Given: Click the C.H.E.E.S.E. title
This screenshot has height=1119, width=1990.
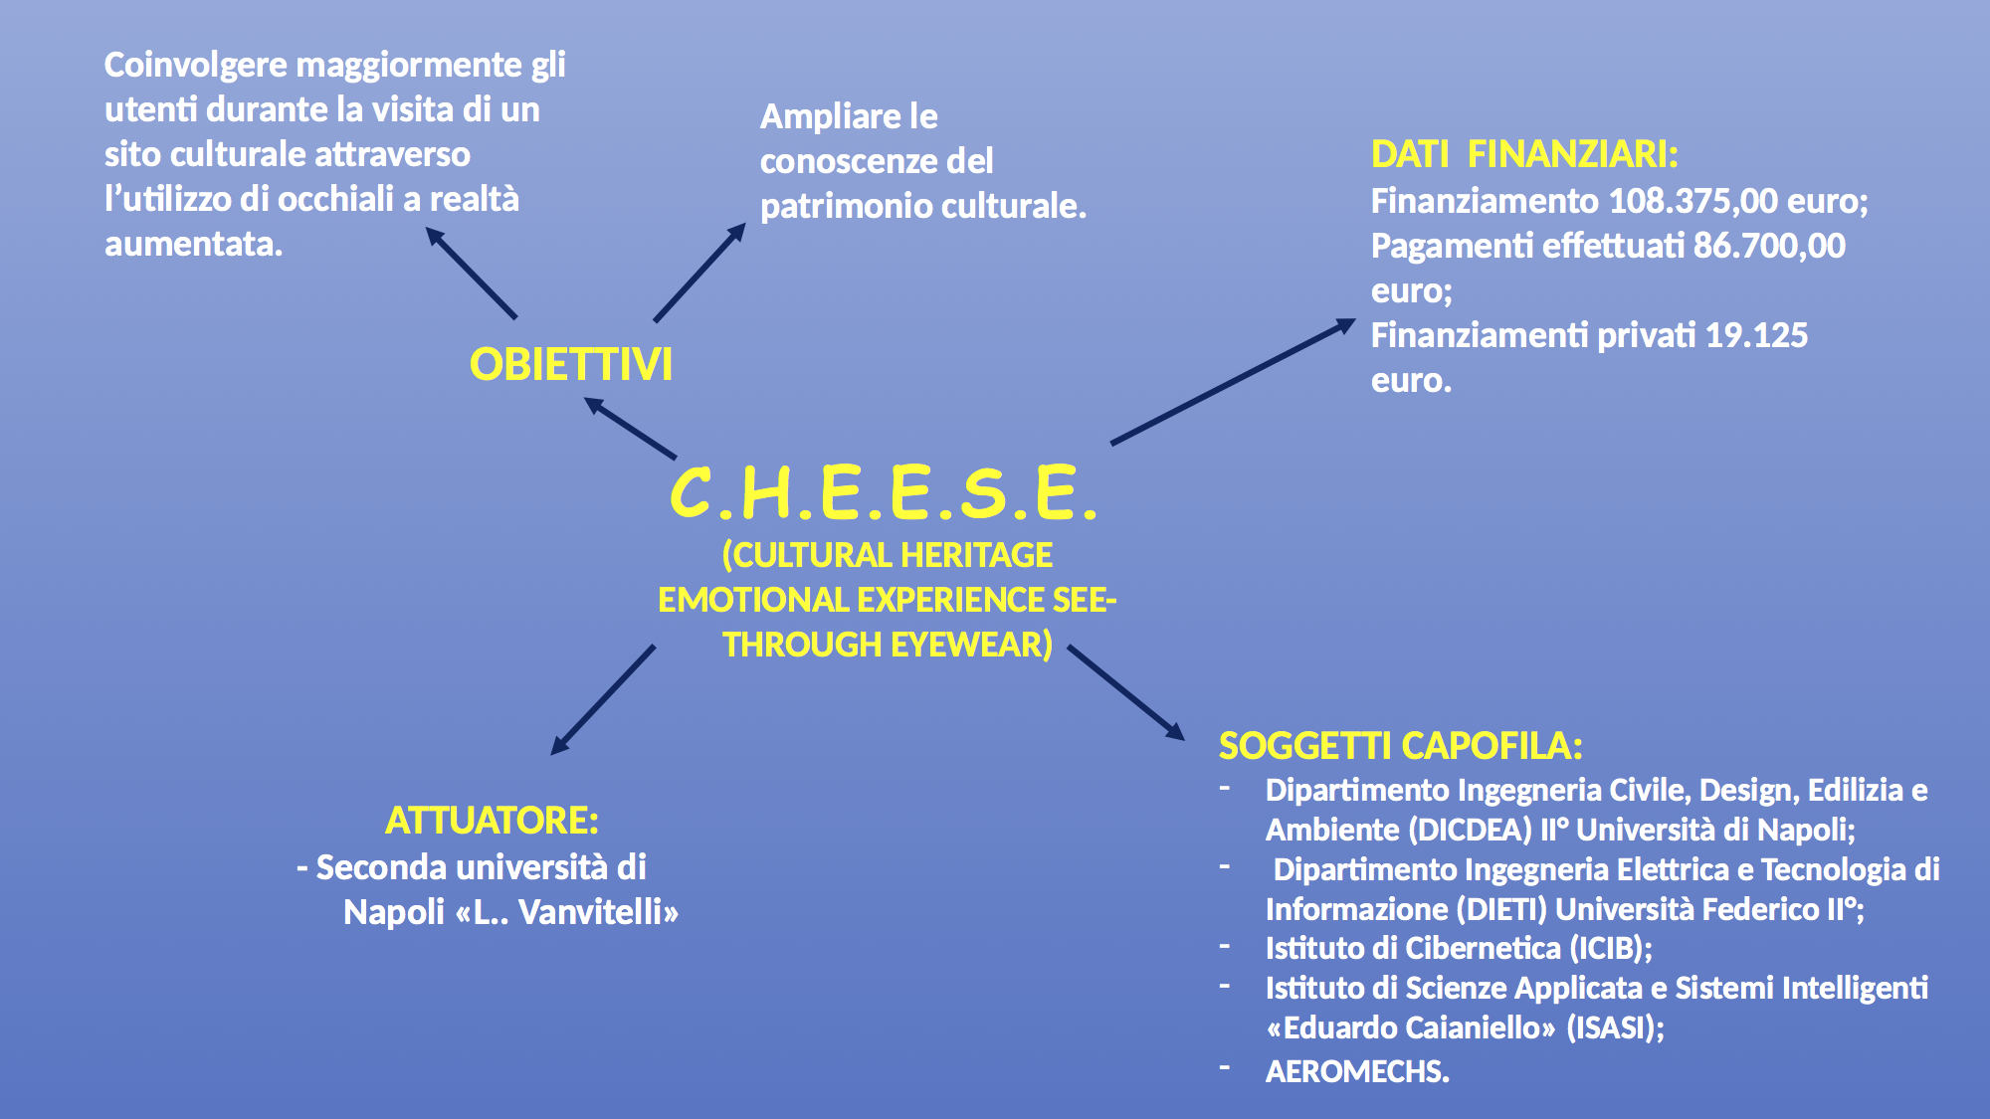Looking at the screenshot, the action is click(x=884, y=492).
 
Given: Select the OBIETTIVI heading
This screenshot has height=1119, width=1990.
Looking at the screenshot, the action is click(x=571, y=364).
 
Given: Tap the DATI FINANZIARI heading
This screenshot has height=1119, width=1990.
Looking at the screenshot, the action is click(x=1524, y=154).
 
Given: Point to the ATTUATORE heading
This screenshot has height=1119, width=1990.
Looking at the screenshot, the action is click(x=492, y=821).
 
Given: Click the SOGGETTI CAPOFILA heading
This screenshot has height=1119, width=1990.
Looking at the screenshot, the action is click(x=1401, y=745).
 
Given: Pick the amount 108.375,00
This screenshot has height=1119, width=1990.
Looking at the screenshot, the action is click(x=1692, y=201).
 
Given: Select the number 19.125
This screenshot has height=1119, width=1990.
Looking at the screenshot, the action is click(x=1756, y=335).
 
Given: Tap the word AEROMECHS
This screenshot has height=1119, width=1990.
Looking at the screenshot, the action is click(x=1357, y=1071).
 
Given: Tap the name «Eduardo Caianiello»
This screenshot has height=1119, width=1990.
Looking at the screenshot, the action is click(x=1411, y=1027).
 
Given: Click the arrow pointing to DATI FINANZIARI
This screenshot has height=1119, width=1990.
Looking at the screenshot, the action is click(x=1234, y=381).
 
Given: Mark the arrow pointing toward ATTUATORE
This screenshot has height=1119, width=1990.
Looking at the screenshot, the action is click(x=603, y=700).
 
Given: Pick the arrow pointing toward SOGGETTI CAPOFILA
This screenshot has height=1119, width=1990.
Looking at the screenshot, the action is click(x=1126, y=693).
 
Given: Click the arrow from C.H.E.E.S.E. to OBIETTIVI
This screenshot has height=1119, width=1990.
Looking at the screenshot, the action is click(x=630, y=428).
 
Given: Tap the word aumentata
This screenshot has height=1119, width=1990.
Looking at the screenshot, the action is click(x=193, y=244).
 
